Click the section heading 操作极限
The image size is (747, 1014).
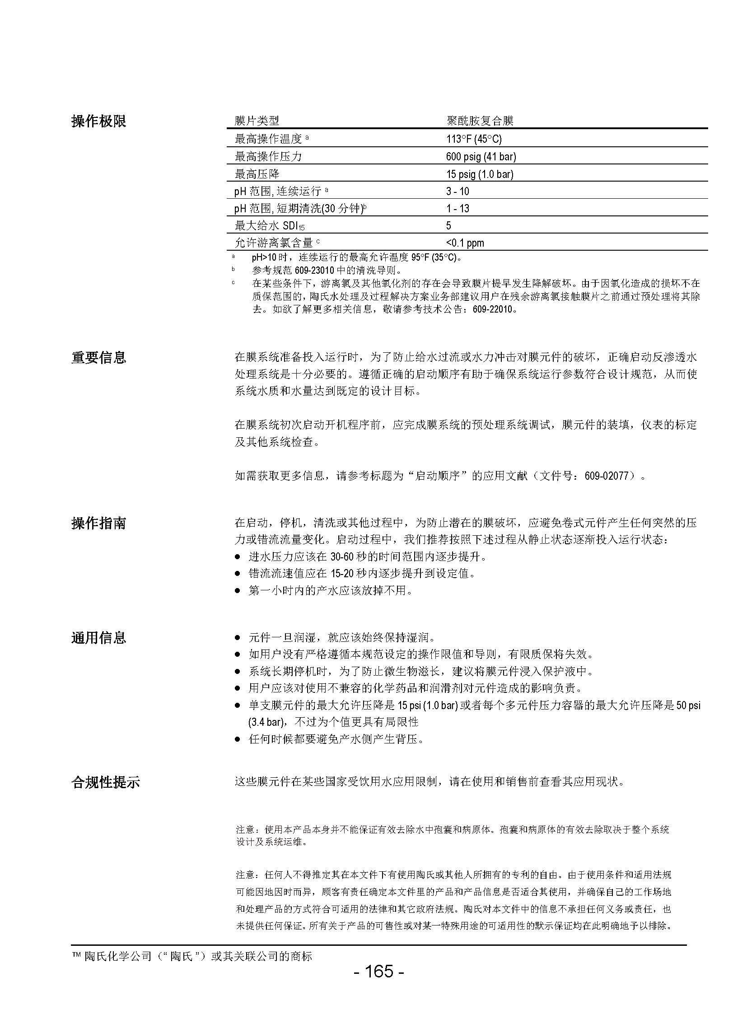point(98,121)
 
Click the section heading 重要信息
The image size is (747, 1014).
point(98,358)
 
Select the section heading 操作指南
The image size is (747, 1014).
point(98,523)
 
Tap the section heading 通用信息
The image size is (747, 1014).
point(98,638)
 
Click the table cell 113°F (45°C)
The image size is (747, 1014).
point(474,139)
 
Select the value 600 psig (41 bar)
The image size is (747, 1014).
point(481,156)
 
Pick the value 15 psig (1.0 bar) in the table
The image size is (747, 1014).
point(479,174)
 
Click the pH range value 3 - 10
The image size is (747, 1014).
point(458,192)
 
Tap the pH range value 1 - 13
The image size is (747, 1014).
point(458,209)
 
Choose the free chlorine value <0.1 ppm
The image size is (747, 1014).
point(465,243)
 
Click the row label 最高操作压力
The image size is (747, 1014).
point(268,156)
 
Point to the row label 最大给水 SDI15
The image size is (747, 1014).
point(270,226)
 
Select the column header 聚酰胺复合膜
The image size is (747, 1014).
point(480,121)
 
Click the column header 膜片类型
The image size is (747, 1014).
point(257,121)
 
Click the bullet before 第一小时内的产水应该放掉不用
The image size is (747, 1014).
point(238,591)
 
